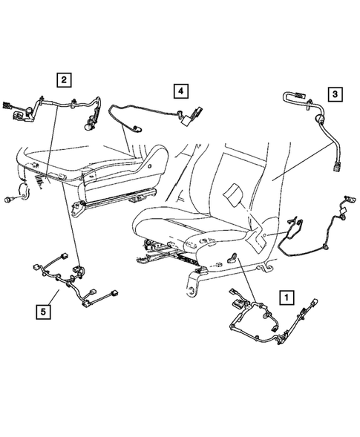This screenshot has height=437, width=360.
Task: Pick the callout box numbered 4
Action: coord(179,91)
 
